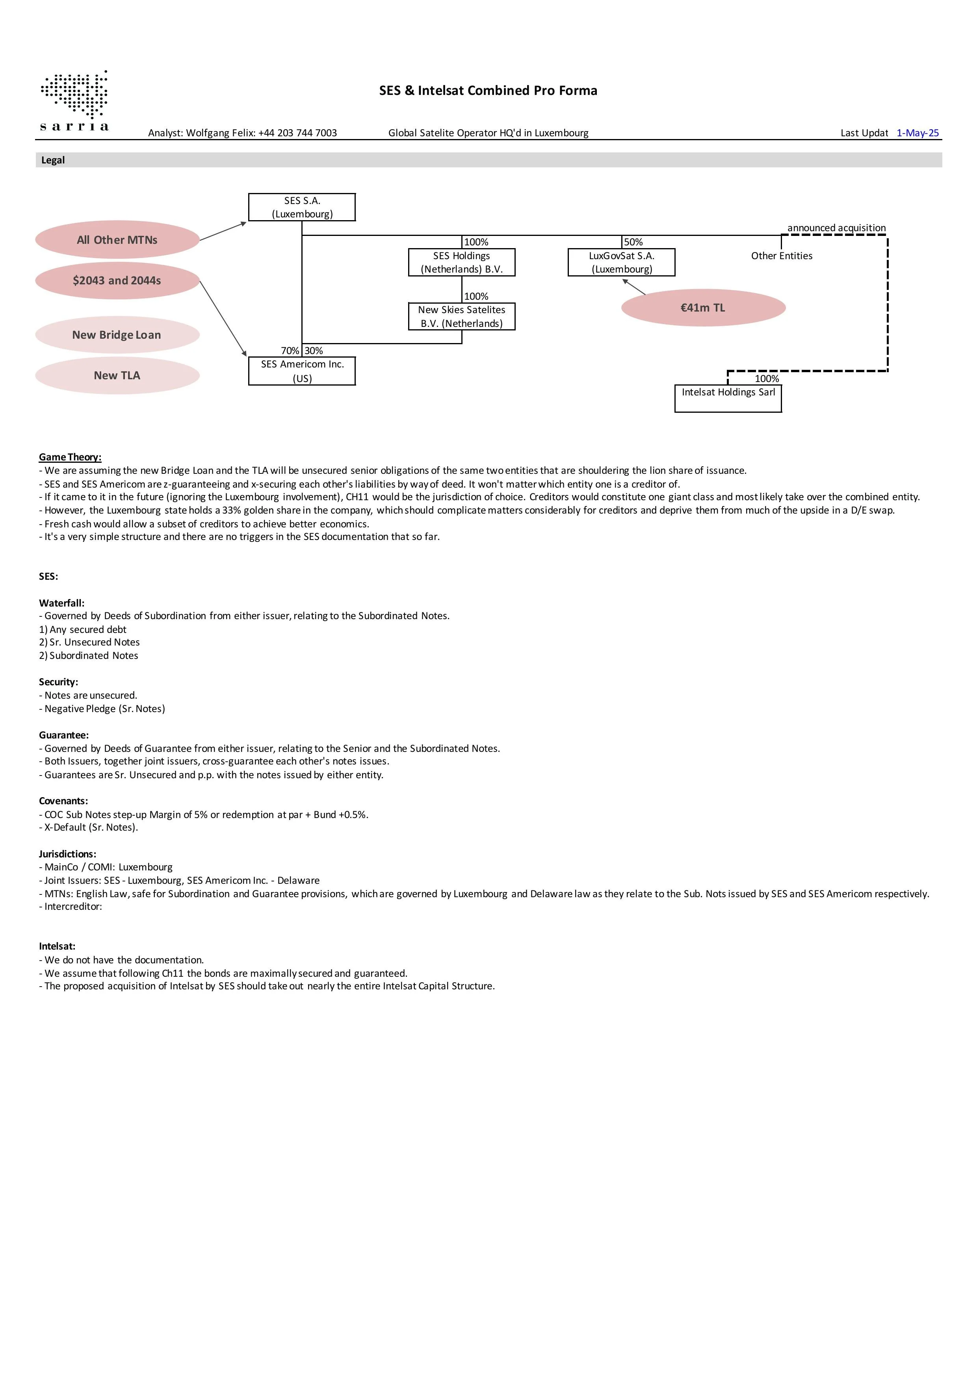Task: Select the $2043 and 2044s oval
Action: click(x=117, y=280)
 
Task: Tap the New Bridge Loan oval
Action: click(x=117, y=335)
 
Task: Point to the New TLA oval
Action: click(x=117, y=376)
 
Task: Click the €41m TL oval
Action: click(x=703, y=308)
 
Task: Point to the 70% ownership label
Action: click(x=290, y=351)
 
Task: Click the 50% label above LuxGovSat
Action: click(x=633, y=242)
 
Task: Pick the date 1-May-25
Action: click(x=918, y=133)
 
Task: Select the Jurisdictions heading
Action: click(x=67, y=854)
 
